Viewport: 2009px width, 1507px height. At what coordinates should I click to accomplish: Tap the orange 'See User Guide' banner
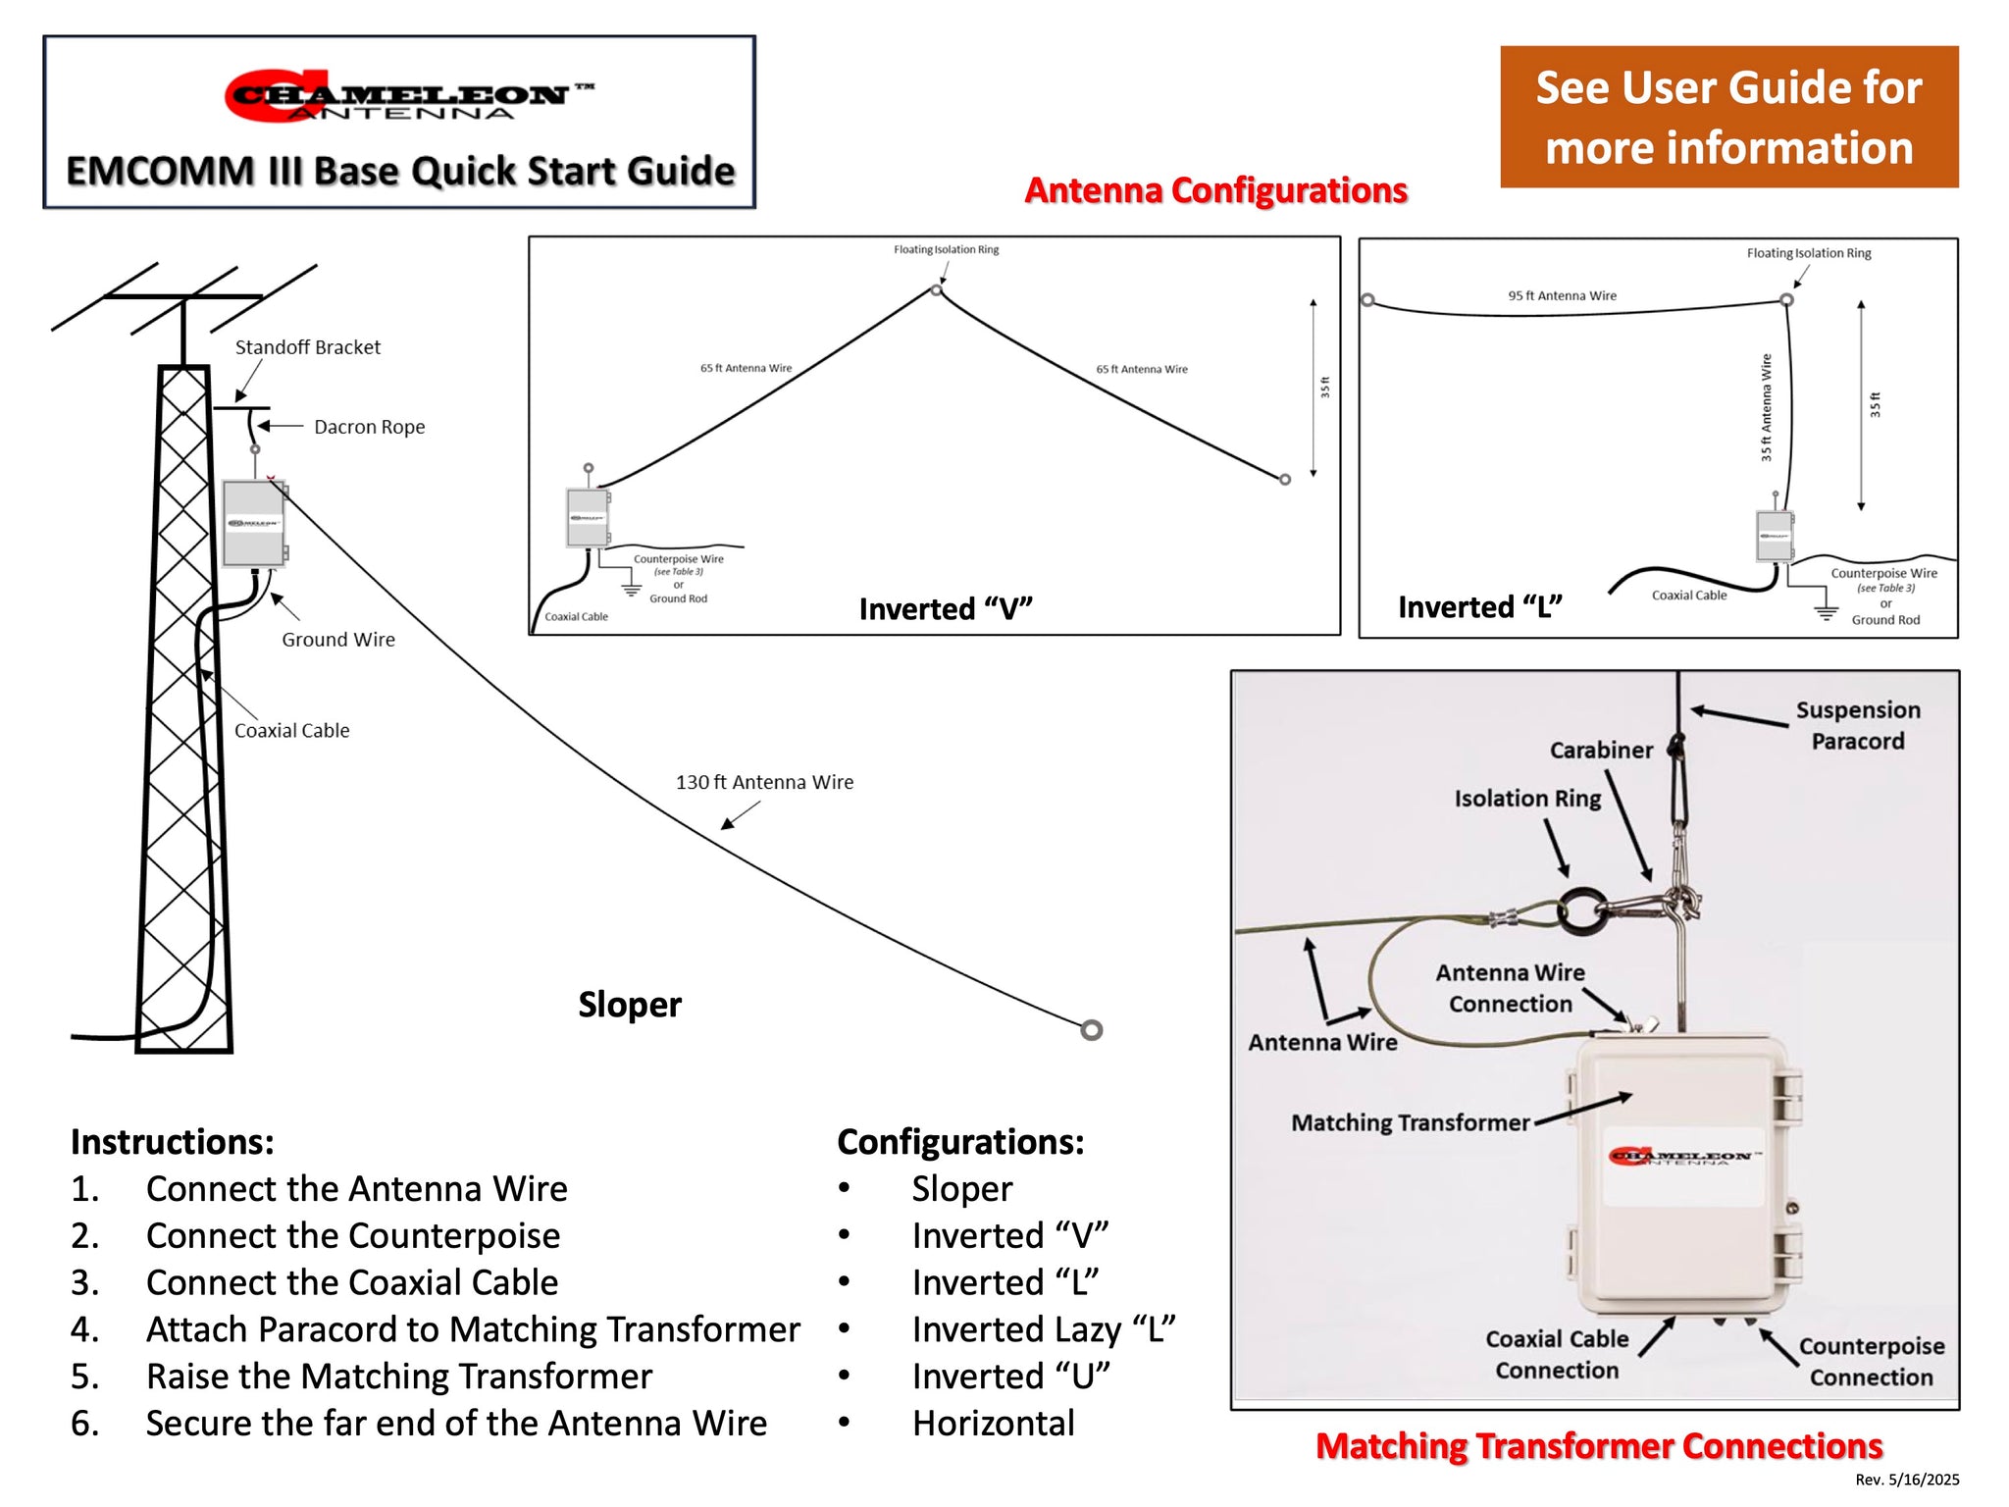(1728, 117)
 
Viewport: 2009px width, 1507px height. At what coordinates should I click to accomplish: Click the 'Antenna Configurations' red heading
(1215, 190)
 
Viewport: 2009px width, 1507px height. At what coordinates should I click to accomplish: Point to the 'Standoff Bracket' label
(307, 347)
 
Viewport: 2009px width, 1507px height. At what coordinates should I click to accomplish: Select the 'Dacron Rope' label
(369, 427)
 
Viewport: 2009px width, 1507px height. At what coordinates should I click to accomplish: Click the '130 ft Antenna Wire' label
(764, 782)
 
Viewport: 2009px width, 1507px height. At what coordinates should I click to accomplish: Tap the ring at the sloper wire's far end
(1091, 1030)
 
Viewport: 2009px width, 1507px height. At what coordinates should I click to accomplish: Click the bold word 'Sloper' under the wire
(629, 1005)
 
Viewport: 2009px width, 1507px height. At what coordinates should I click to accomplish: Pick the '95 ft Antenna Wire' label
(1562, 295)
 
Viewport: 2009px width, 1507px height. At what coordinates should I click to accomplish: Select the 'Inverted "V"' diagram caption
(946, 609)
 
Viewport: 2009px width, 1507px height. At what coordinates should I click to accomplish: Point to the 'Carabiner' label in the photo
(1601, 751)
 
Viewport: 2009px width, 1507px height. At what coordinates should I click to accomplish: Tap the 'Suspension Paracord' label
(1857, 725)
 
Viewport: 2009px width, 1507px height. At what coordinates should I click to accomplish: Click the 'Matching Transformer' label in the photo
(1410, 1122)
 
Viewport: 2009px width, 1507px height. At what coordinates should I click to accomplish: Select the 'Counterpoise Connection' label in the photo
(1871, 1362)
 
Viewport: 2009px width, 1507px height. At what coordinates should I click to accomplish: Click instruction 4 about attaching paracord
(473, 1329)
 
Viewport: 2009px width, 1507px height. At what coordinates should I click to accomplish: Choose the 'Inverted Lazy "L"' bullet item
(1043, 1329)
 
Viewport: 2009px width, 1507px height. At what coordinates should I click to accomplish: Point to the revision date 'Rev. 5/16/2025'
(1906, 1480)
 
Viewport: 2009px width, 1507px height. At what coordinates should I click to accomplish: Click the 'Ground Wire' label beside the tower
(338, 640)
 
